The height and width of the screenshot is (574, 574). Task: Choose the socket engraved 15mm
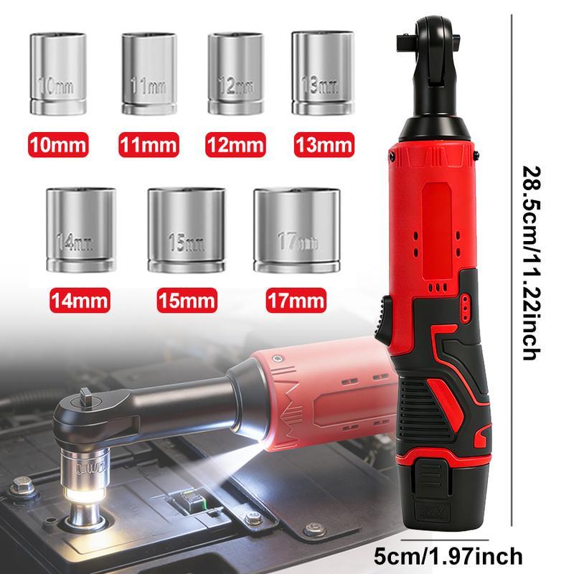coord(184,229)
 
